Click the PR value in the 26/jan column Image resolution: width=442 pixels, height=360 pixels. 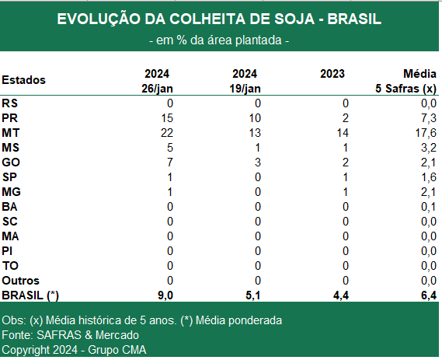(x=166, y=118)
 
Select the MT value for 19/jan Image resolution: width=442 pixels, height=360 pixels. (x=255, y=133)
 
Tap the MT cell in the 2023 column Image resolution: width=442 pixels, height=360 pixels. (x=343, y=133)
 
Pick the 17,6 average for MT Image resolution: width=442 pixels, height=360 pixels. (x=426, y=133)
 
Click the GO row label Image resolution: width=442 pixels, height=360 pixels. (x=11, y=163)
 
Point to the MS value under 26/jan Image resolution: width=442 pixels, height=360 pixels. (x=169, y=148)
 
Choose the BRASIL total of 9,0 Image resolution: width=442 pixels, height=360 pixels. (x=165, y=295)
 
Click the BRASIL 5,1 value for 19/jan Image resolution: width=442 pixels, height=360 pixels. (x=253, y=295)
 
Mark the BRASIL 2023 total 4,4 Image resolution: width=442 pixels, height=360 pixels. (x=341, y=295)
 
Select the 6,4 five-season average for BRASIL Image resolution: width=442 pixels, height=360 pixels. (x=429, y=295)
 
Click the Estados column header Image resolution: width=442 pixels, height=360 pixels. (x=23, y=80)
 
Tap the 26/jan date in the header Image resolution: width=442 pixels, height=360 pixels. (x=157, y=89)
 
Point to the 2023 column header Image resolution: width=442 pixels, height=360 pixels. (x=332, y=74)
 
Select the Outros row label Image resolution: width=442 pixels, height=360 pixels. (x=20, y=281)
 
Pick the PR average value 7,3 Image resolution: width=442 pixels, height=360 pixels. (x=429, y=118)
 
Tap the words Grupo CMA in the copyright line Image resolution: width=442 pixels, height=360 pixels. (x=117, y=350)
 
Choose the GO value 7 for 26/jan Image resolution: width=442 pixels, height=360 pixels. (x=169, y=163)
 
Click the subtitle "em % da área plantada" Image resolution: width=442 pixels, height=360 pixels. (x=219, y=40)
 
